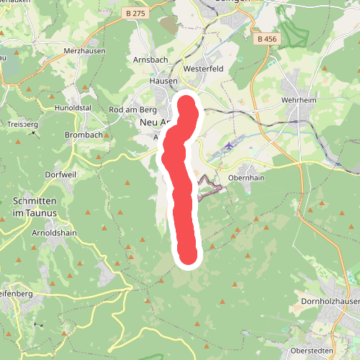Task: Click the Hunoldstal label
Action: pyautogui.click(x=73, y=109)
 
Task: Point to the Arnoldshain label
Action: pyautogui.click(x=53, y=233)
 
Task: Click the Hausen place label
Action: pyautogui.click(x=163, y=82)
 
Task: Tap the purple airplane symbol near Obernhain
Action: pyautogui.click(x=229, y=147)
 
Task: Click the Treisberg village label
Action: pyautogui.click(x=22, y=124)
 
